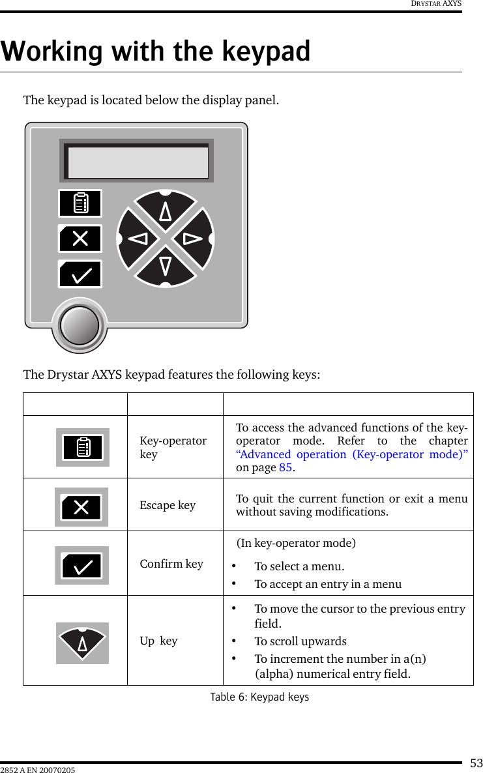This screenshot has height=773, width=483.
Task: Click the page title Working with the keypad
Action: pos(156,51)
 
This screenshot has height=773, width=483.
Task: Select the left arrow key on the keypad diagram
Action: pos(138,239)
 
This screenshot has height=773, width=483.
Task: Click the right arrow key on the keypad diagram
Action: pos(194,239)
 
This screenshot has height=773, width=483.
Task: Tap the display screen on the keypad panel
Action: pos(138,162)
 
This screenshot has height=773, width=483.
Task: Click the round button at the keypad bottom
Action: pos(80,325)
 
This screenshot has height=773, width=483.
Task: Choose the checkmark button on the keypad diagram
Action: pos(80,274)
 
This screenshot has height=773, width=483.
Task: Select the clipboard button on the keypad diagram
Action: pos(80,203)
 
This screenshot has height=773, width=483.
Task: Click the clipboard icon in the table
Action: pos(82,448)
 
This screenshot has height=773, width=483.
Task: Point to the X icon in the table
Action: pos(81,507)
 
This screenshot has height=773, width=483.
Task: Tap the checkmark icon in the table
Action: pos(81,566)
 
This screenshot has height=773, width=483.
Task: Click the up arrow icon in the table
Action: pos(82,643)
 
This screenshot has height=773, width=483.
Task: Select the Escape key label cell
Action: pos(168,505)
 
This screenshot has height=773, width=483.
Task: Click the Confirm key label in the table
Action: pos(171,564)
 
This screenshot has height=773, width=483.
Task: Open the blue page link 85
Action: pos(285,468)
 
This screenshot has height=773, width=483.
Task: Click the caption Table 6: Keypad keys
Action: pos(259,697)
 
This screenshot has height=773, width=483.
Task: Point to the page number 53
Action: pos(476,763)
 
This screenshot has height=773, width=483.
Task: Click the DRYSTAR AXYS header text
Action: pos(436,4)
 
